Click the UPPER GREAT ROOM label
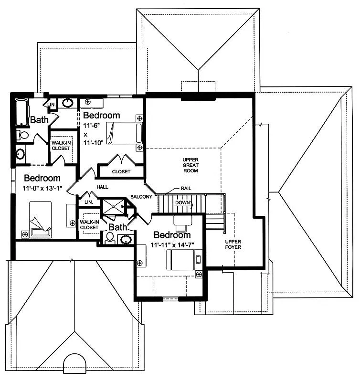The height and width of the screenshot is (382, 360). [191, 165]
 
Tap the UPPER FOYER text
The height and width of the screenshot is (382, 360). [233, 244]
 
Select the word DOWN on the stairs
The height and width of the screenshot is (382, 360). [182, 202]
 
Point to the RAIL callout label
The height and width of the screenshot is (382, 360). [186, 188]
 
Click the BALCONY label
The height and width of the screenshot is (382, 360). [141, 197]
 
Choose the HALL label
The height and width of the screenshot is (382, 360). [102, 187]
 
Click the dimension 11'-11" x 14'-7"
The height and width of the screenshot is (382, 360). [172, 245]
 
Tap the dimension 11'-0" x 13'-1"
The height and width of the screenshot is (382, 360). [42, 188]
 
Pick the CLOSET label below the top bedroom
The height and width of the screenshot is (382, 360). [121, 171]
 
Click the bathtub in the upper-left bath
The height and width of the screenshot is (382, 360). [22, 112]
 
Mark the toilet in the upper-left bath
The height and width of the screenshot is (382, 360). [22, 135]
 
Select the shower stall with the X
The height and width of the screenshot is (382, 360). [114, 207]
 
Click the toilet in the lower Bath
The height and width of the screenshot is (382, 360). [110, 238]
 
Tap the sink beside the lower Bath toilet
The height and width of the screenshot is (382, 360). [126, 240]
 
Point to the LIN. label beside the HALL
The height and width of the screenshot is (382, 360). [89, 202]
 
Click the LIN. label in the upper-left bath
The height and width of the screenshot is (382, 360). [52, 105]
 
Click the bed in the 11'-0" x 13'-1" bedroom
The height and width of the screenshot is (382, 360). [41, 219]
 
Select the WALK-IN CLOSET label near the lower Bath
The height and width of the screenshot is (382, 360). [89, 224]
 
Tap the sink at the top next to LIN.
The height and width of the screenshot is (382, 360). [67, 103]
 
